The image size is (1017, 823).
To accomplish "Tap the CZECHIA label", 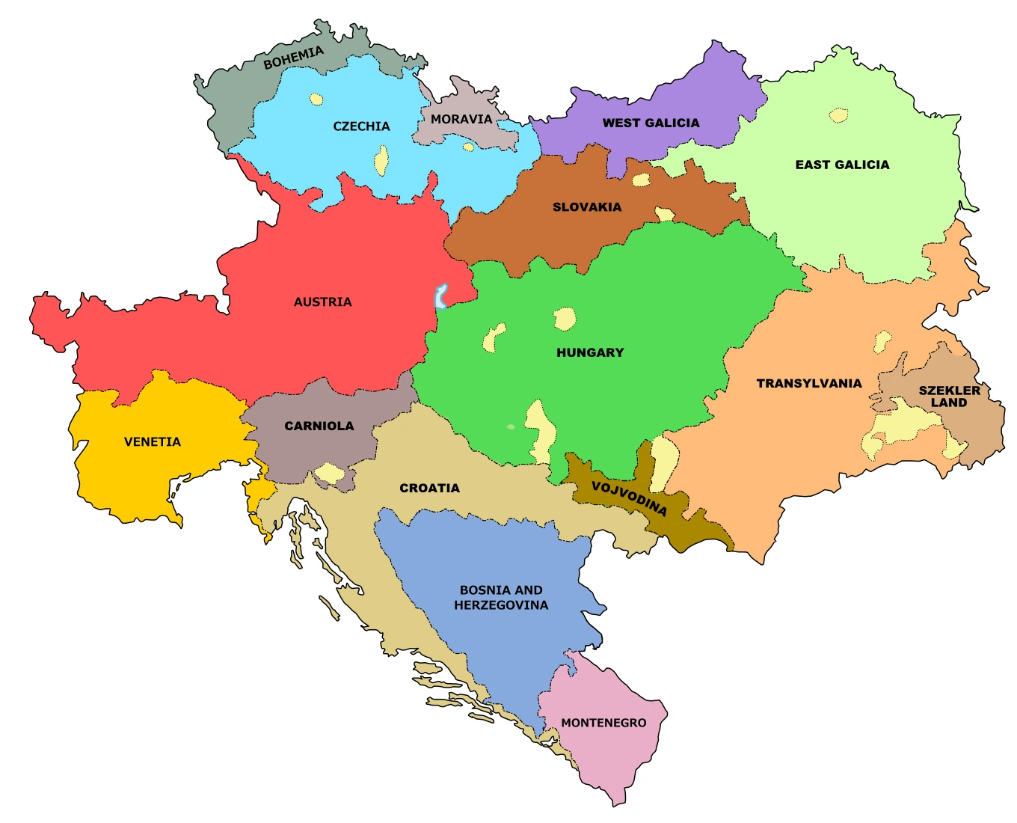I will coord(361,126).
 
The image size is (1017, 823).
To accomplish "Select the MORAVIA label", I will coord(461,119).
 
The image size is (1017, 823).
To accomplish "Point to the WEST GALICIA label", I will coord(651,123).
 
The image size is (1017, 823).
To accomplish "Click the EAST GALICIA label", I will coord(842,165).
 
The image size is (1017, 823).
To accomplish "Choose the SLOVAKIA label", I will coord(587,207).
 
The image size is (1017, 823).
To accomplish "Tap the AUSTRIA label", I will coord(322,302).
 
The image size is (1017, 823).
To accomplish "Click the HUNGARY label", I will coord(590,352).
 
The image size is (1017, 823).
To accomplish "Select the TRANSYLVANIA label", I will coord(809,383).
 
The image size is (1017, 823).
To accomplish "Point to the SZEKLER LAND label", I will coord(949,397).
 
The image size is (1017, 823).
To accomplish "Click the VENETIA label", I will coord(153,441).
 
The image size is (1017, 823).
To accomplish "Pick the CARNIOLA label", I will coord(319,426).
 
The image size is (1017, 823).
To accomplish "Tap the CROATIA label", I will coord(429,488).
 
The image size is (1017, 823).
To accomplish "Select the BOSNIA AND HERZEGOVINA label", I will coord(501,598).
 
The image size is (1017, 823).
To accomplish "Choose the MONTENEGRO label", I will coord(603,723).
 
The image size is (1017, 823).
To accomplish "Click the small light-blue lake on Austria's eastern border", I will coord(441,296).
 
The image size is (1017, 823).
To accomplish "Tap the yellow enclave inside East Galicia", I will coord(839,115).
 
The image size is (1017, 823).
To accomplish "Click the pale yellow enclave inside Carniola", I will coord(329,473).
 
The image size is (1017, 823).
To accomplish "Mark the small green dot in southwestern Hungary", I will coord(511,427).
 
